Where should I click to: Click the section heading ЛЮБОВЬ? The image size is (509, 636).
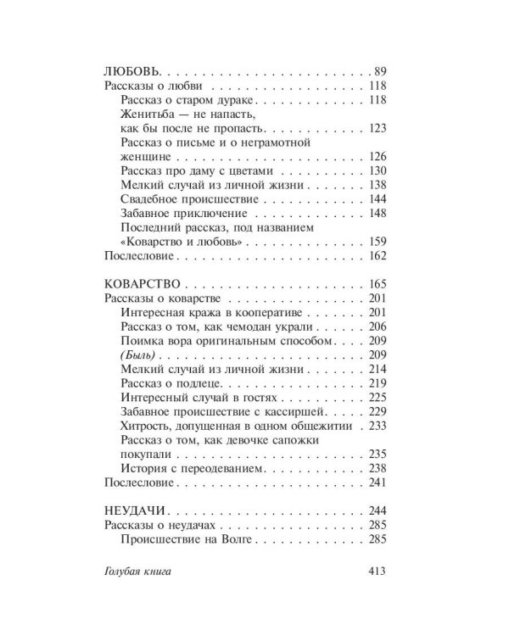pyautogui.click(x=131, y=71)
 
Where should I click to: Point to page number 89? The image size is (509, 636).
pyautogui.click(x=379, y=71)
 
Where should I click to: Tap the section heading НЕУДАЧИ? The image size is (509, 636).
pyautogui.click(x=133, y=510)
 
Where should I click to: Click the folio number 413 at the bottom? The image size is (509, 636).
pyautogui.click(x=373, y=572)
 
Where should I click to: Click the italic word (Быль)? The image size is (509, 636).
pyautogui.click(x=138, y=354)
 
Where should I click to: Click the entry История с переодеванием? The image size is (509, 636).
pyautogui.click(x=194, y=467)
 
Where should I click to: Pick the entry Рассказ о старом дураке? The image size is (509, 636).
pyautogui.click(x=184, y=100)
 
